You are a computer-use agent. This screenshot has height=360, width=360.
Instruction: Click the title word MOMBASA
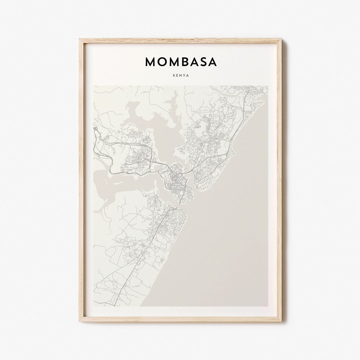click(180, 62)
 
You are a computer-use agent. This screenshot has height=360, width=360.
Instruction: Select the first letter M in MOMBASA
click(150, 62)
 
